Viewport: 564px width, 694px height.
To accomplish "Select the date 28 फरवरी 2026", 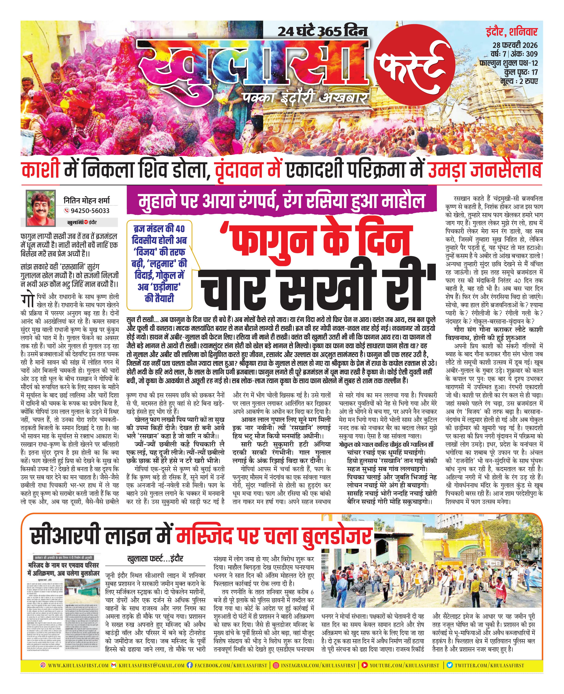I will (515, 45).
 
